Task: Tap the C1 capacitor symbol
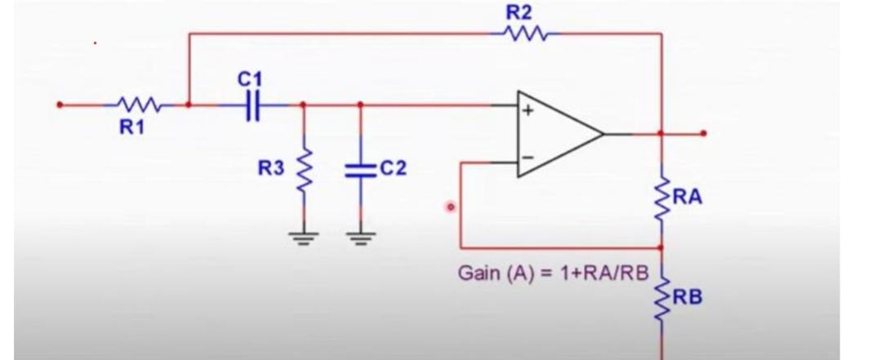point(252,104)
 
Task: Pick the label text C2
point(393,168)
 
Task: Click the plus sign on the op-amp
point(528,112)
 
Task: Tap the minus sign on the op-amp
point(528,156)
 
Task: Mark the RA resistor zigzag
point(661,198)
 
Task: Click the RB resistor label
point(687,297)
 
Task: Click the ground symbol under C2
point(360,238)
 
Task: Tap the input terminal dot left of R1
point(59,104)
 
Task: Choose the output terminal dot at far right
point(703,133)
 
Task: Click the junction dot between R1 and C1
point(189,104)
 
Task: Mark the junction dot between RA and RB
point(661,247)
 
